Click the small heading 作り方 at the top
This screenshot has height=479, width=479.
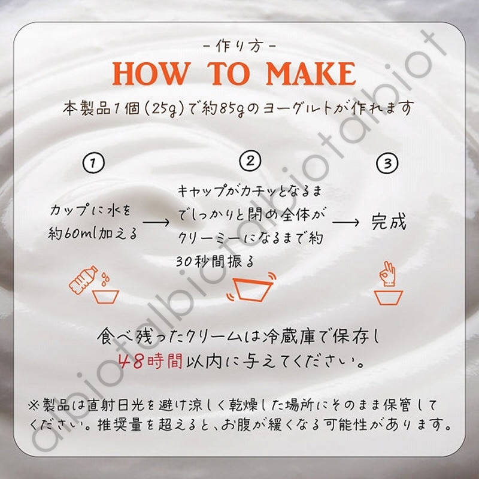239,46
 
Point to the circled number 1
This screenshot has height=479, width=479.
93,162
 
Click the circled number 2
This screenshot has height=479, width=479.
250,160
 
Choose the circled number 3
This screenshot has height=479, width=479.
387,163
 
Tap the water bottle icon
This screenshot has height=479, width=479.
83,280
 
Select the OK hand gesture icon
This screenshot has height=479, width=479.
387,274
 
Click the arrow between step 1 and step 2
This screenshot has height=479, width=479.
156,222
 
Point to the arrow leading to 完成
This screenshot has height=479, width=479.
345,222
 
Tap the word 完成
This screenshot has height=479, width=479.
389,222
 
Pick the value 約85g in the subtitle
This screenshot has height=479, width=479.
223,109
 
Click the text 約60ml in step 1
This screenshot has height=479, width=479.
72,234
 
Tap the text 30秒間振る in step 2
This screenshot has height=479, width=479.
215,262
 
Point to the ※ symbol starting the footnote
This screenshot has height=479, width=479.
34,405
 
